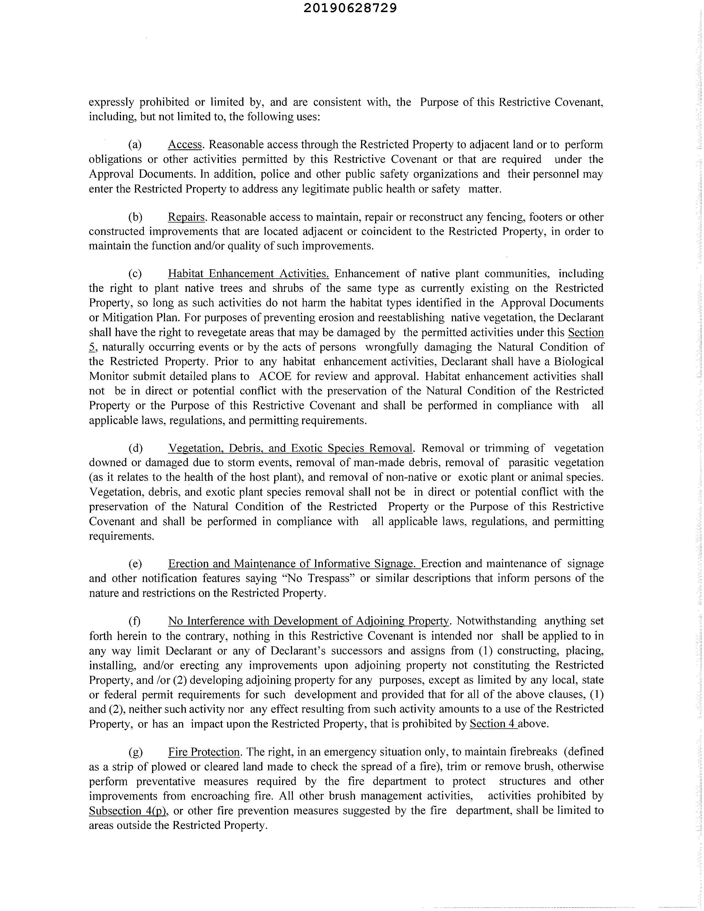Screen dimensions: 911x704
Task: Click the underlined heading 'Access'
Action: [185, 145]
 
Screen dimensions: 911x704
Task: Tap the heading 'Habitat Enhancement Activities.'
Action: [249, 274]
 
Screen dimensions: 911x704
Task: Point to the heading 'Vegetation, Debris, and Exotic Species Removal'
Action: [290, 448]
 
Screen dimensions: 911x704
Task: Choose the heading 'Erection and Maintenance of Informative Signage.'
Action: [294, 564]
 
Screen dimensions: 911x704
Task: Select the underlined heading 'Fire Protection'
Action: [204, 752]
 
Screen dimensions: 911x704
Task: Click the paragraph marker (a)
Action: [135, 145]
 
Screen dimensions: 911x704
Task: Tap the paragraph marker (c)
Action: [135, 274]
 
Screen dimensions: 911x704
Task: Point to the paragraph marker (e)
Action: [135, 564]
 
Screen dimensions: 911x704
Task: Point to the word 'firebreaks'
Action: [531, 752]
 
